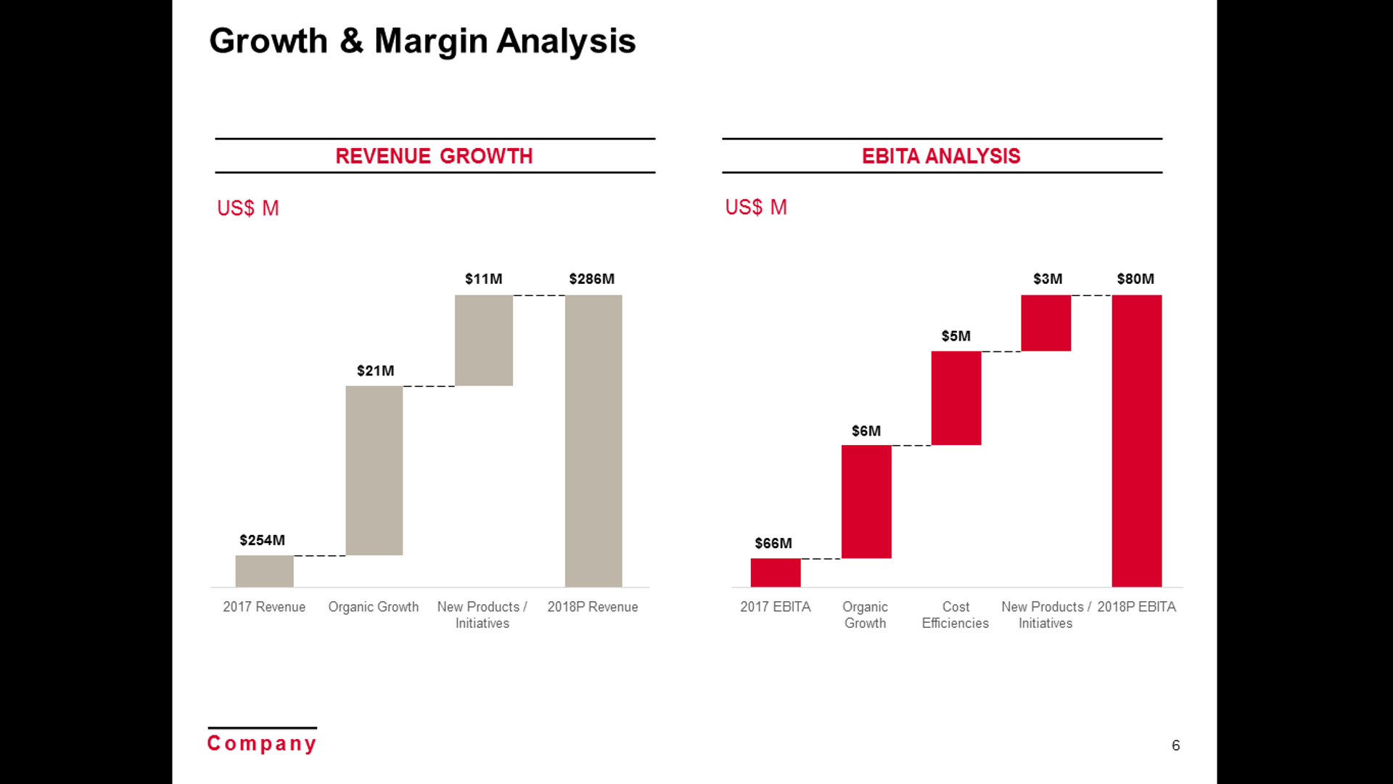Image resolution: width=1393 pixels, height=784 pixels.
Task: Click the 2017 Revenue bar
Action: pyautogui.click(x=264, y=571)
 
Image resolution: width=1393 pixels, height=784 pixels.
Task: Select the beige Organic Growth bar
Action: pyautogui.click(x=374, y=470)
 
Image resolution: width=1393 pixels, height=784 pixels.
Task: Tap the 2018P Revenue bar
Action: pyautogui.click(x=593, y=441)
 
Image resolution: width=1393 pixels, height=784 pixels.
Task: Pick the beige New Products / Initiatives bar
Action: pyautogui.click(x=483, y=340)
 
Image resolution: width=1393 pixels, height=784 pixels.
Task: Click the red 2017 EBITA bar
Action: pyautogui.click(x=775, y=572)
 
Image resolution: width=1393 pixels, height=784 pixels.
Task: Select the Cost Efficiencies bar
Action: pyautogui.click(x=956, y=398)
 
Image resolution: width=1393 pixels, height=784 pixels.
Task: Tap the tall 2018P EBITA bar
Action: pyautogui.click(x=1136, y=441)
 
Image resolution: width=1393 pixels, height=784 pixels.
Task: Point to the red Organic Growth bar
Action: pyautogui.click(x=866, y=502)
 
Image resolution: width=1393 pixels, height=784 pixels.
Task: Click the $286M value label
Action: pyautogui.click(x=591, y=279)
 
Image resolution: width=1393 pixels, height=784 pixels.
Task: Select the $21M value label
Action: pyautogui.click(x=375, y=371)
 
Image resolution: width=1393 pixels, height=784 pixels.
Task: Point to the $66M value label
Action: pyautogui.click(x=773, y=543)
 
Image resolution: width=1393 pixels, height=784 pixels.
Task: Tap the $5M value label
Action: pyautogui.click(x=956, y=336)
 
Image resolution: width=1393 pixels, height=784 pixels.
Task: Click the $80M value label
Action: pyautogui.click(x=1135, y=279)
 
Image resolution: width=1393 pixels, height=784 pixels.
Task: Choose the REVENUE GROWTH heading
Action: pyautogui.click(x=434, y=156)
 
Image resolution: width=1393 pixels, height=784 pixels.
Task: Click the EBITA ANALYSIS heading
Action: pyautogui.click(x=941, y=156)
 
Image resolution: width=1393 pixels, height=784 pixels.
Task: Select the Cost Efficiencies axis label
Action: pyautogui.click(x=955, y=615)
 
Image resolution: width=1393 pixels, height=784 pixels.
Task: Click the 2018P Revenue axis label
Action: pyautogui.click(x=592, y=607)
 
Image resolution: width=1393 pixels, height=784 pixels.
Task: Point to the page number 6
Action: pyautogui.click(x=1175, y=746)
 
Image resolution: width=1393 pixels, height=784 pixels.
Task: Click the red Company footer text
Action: pyautogui.click(x=262, y=743)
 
